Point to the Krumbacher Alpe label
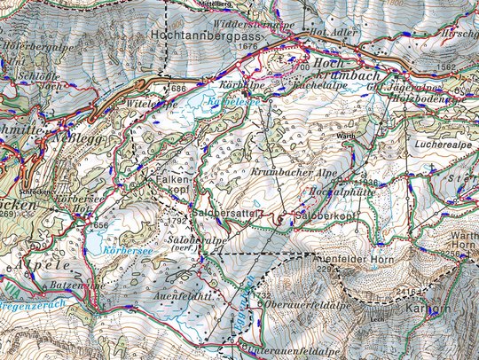(x=287, y=171)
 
